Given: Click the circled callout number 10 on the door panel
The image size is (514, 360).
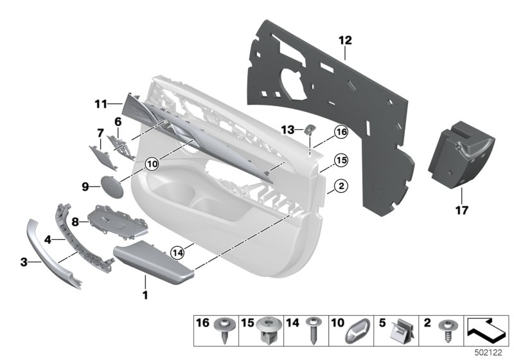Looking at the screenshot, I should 152,164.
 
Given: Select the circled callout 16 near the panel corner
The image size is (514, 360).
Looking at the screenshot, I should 340,132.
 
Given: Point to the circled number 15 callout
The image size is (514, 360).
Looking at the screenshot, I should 340,159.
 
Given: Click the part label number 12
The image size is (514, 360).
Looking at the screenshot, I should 345,40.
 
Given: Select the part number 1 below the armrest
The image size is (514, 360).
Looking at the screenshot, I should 145,296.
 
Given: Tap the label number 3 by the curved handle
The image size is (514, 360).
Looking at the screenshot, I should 24,262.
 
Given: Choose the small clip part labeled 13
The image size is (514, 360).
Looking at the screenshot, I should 309,129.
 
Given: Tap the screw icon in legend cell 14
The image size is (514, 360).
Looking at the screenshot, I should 314,333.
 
